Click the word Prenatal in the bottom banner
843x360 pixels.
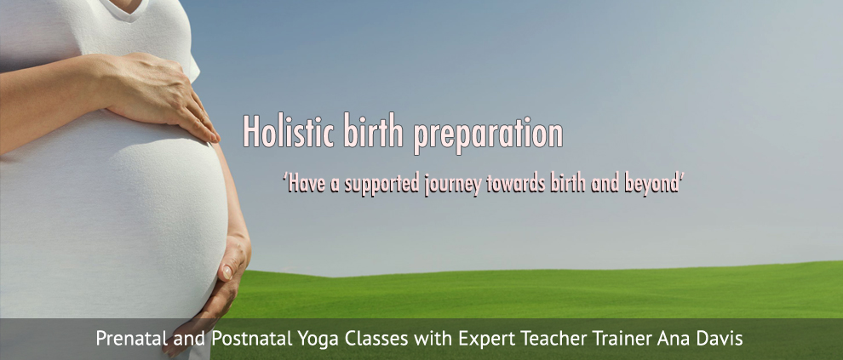click(130, 339)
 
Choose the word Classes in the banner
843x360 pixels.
click(373, 339)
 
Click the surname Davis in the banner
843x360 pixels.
click(722, 339)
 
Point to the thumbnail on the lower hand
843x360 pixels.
click(227, 272)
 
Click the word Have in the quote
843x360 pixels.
click(303, 183)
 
